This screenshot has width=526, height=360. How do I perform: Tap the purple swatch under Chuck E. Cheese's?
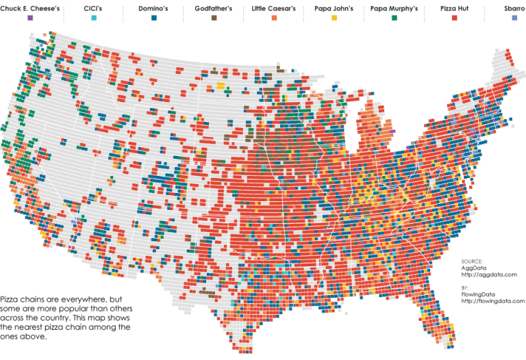point(30,18)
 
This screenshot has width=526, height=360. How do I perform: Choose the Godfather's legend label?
point(214,8)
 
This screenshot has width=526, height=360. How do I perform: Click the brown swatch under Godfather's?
point(214,18)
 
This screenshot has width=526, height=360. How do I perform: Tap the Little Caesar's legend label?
point(273,8)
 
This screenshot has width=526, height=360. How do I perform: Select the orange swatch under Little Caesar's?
point(273,18)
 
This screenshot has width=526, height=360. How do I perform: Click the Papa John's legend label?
point(334,8)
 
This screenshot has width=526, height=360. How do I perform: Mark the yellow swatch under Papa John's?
point(334,18)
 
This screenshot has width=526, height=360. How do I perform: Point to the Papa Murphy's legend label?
point(394,8)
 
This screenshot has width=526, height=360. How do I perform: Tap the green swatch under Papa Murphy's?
point(394,18)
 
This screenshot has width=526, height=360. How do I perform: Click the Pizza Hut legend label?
point(455,8)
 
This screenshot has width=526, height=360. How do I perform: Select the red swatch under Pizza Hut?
point(455,18)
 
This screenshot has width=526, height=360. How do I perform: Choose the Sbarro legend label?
point(514,8)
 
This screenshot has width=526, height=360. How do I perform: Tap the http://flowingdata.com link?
point(492,300)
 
